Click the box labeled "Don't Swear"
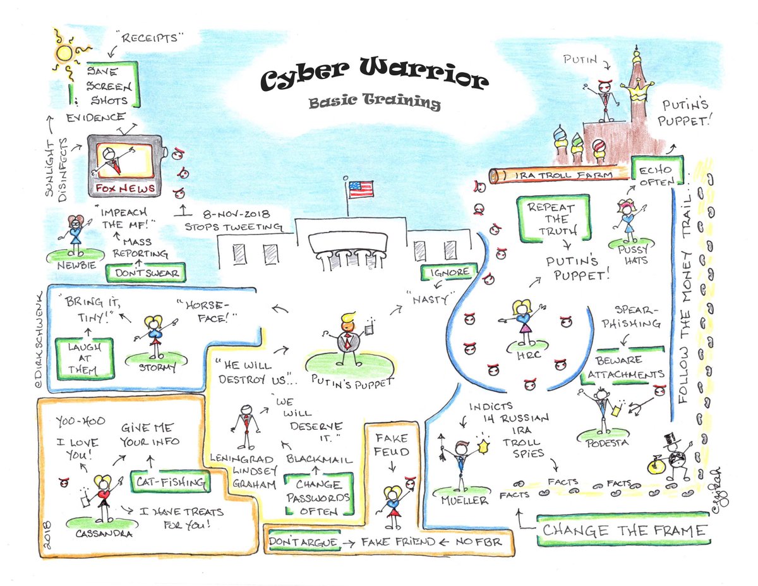[x=145, y=273]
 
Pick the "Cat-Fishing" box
[x=169, y=482]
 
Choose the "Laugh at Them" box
[x=85, y=358]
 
